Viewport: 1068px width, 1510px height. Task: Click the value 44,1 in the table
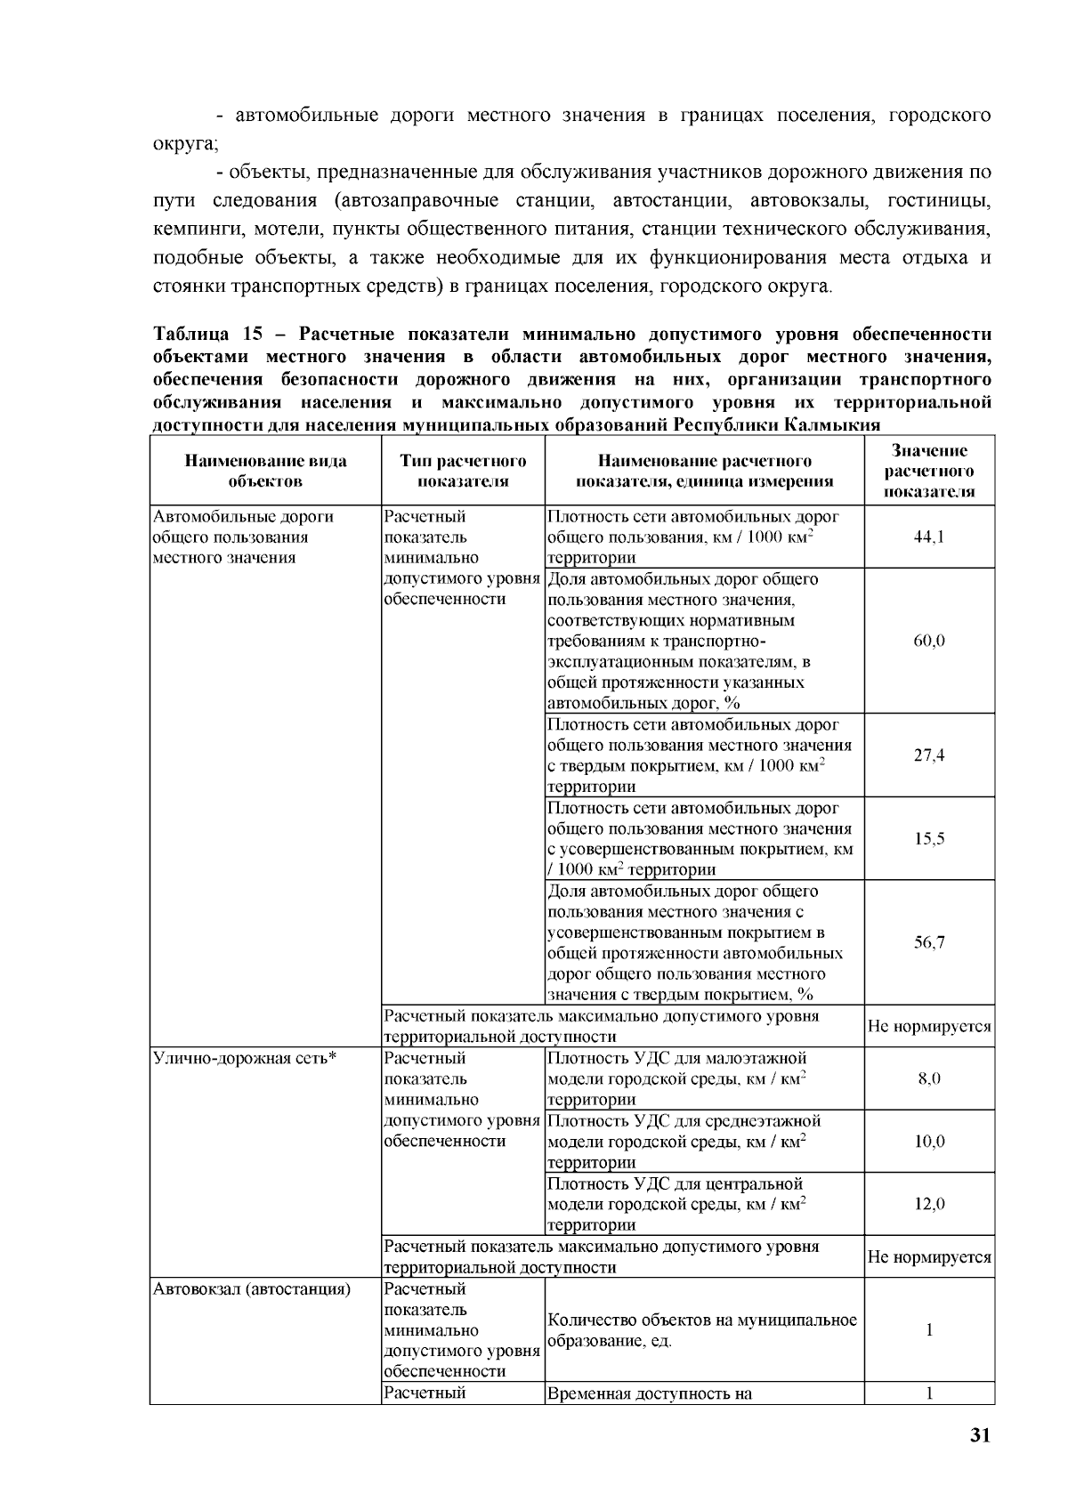[x=929, y=537]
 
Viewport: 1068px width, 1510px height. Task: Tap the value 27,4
[x=929, y=755]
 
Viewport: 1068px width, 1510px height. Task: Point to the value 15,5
[x=929, y=839]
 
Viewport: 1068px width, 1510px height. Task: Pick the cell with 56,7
[x=929, y=942]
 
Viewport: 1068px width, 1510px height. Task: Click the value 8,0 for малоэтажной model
[x=929, y=1078]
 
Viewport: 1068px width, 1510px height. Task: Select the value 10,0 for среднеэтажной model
[x=929, y=1142]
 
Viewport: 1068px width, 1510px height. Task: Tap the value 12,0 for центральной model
[x=929, y=1204]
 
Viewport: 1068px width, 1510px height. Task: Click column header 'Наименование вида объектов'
[x=265, y=471]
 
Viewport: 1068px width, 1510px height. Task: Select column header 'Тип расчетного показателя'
[x=463, y=471]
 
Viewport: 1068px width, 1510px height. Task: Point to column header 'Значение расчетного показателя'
[x=929, y=471]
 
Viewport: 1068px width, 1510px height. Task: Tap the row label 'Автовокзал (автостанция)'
[x=252, y=1289]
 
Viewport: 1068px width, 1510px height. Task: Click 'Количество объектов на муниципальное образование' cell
[x=702, y=1330]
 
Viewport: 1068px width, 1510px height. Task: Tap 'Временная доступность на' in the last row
[x=651, y=1393]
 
